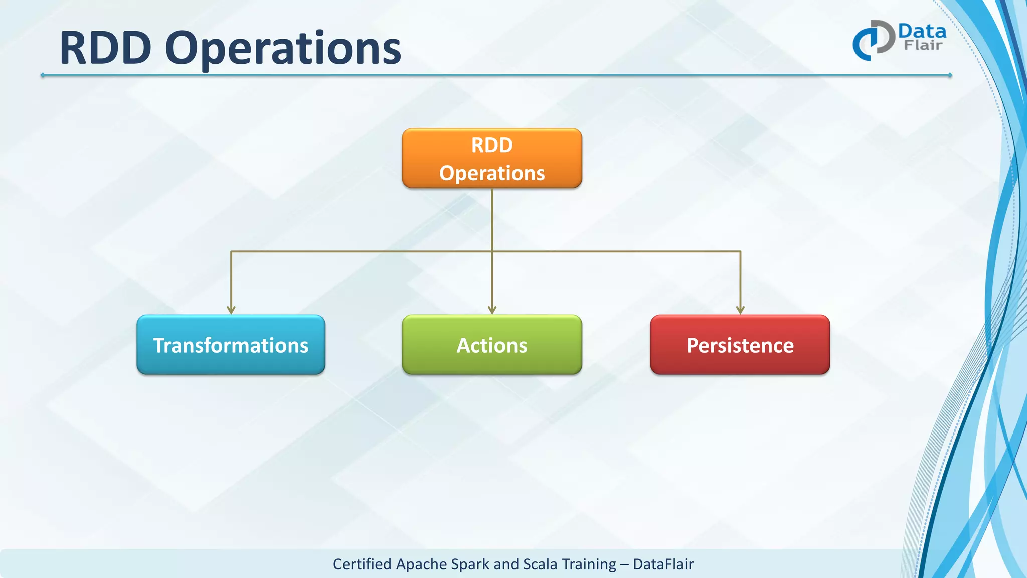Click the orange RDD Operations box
pyautogui.click(x=492, y=158)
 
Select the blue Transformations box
pyautogui.click(x=231, y=345)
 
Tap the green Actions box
pyautogui.click(x=492, y=345)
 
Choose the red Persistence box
pyautogui.click(x=740, y=345)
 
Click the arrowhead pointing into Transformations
pyautogui.click(x=231, y=310)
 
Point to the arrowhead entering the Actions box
pyautogui.click(x=492, y=310)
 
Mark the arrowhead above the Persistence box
pyautogui.click(x=740, y=310)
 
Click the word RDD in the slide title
pyautogui.click(x=105, y=48)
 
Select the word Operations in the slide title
pyautogui.click(x=283, y=49)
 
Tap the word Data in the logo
pyautogui.click(x=922, y=31)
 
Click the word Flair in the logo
pyautogui.click(x=923, y=45)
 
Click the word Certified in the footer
pyautogui.click(x=362, y=564)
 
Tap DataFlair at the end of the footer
pyautogui.click(x=663, y=564)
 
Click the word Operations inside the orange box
pyautogui.click(x=492, y=173)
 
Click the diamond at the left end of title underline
pyautogui.click(x=43, y=75)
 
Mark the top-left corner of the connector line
pyautogui.click(x=231, y=251)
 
